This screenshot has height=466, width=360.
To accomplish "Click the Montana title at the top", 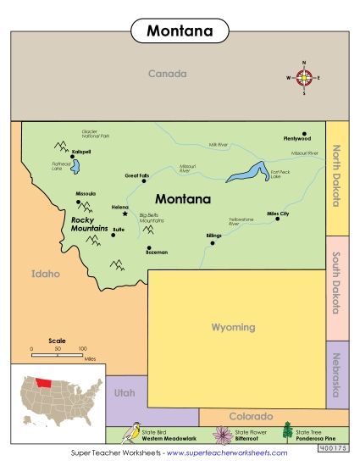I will click(x=180, y=31).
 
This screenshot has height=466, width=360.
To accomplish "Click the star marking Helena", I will click(x=125, y=213).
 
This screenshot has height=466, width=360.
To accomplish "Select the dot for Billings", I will click(x=213, y=242).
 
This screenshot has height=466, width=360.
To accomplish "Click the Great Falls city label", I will click(x=136, y=175).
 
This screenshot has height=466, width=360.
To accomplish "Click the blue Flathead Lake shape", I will click(x=75, y=164).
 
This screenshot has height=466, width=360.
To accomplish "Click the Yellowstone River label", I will click(x=241, y=221).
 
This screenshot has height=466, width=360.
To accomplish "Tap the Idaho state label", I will click(x=46, y=275).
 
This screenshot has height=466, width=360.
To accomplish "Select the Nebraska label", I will click(x=336, y=374).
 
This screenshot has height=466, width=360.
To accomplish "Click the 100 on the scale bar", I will click(x=83, y=348).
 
